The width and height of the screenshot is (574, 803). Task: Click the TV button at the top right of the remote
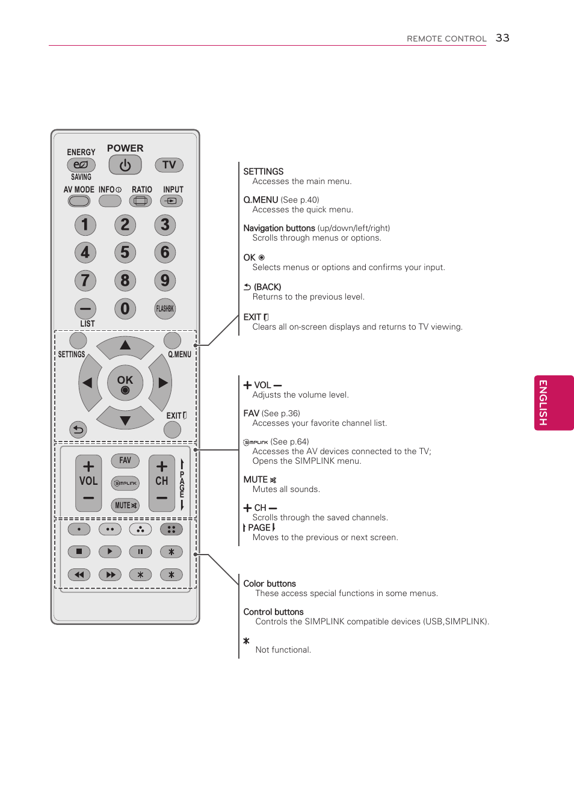tap(169, 165)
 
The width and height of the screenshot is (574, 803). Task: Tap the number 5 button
tap(125, 253)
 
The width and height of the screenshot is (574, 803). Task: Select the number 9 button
tap(165, 280)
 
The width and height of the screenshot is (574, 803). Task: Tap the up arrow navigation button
tap(125, 346)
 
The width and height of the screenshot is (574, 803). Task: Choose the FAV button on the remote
tap(125, 461)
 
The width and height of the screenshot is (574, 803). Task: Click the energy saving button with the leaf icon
tap(81, 165)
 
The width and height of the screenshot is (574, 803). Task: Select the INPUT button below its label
tap(171, 201)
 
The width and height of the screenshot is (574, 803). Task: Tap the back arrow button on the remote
tap(78, 429)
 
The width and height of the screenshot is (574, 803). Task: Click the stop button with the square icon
tap(79, 552)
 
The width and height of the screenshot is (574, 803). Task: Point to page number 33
tap(502, 38)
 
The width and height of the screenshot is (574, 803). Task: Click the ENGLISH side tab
tap(554, 402)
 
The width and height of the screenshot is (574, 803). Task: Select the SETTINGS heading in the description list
tap(263, 171)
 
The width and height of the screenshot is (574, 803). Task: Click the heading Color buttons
tap(270, 583)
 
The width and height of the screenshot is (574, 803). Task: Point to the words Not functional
tap(283, 650)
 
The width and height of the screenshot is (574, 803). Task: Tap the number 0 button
tap(125, 309)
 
